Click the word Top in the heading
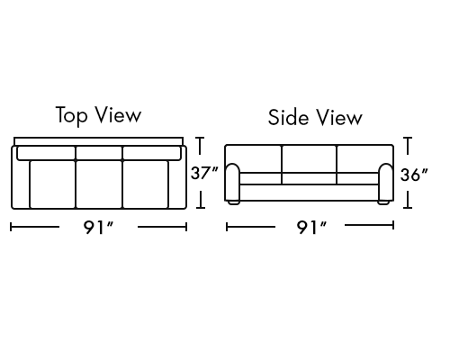point(72,115)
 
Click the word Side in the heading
point(288,117)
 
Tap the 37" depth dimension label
point(204,173)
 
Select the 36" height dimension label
point(414,175)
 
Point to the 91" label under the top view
point(98,228)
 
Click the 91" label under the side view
point(311,228)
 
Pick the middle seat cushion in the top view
point(99,184)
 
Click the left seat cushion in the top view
point(52,184)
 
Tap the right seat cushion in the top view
point(146,184)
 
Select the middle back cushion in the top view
point(99,153)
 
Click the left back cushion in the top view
point(46,153)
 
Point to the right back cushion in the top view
point(152,153)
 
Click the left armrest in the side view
point(233,182)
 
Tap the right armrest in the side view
point(386,182)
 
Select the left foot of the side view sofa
point(234,202)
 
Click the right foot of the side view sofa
point(383,202)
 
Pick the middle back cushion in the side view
point(310,159)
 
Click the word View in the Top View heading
point(118,115)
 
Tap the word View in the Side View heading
point(339,117)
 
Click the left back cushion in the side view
point(254,159)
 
